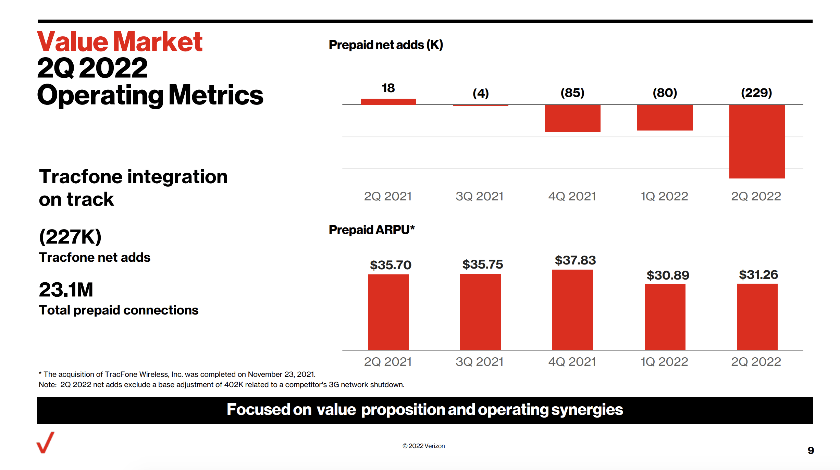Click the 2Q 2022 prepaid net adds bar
pos(757,141)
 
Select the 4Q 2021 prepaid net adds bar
pos(572,118)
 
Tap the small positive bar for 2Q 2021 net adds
pos(388,101)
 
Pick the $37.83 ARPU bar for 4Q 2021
pos(572,309)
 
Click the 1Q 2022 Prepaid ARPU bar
pos(665,317)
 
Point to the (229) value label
pos(756,92)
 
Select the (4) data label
pos(481,93)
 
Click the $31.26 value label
pos(758,275)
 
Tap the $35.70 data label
pos(391,265)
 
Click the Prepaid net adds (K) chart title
pos(386,45)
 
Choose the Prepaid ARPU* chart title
pos(372,230)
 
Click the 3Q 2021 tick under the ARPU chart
pos(479,362)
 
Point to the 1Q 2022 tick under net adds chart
pos(664,196)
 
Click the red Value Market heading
pos(120,42)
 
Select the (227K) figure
pos(70,236)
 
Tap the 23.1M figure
pos(66,289)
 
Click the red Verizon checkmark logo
pos(46,443)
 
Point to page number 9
pos(811,450)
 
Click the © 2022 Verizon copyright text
pos(423,446)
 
